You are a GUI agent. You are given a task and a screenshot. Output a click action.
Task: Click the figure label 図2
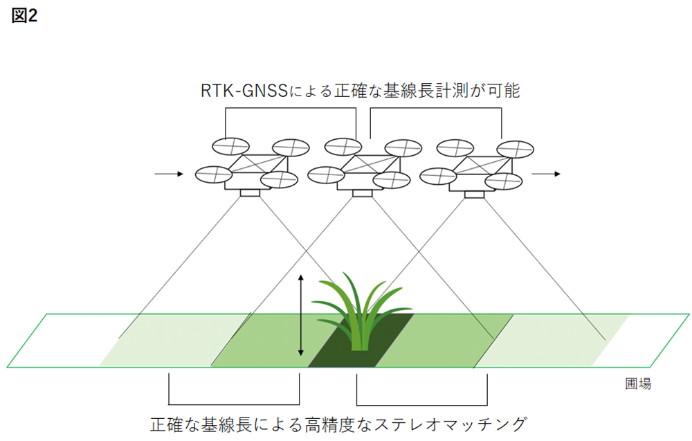(24, 17)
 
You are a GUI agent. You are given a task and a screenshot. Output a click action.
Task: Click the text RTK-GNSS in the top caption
(238, 90)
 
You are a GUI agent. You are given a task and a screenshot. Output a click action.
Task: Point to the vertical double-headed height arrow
(300, 315)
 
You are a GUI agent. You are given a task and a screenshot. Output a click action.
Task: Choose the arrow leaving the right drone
(550, 174)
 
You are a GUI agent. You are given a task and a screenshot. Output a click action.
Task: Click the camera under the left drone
(250, 192)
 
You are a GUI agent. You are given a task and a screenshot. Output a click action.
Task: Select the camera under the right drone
(475, 192)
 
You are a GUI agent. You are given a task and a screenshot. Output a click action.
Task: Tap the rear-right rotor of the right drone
(516, 149)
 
